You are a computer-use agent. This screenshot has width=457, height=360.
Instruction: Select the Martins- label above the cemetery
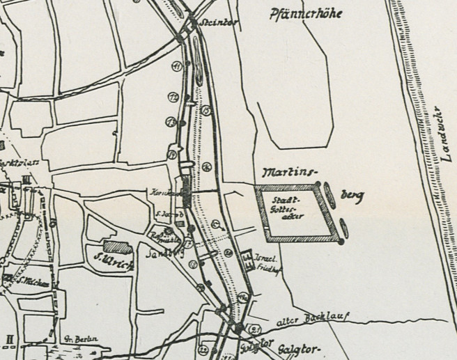point(287,172)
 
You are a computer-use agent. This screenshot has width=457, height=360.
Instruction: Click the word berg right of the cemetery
point(353,196)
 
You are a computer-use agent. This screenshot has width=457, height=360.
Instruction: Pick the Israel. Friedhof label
point(268,260)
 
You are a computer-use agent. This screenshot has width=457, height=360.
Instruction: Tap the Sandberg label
point(160,253)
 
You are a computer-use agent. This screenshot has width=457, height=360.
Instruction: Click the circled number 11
point(176,67)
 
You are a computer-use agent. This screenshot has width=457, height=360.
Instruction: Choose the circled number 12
point(173,97)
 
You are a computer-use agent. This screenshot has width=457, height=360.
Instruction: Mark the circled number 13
point(171,122)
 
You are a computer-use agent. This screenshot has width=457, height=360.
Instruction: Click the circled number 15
point(206,110)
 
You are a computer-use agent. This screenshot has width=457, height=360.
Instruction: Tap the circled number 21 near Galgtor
point(255,329)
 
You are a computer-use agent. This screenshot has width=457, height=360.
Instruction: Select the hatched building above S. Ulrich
point(116,246)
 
